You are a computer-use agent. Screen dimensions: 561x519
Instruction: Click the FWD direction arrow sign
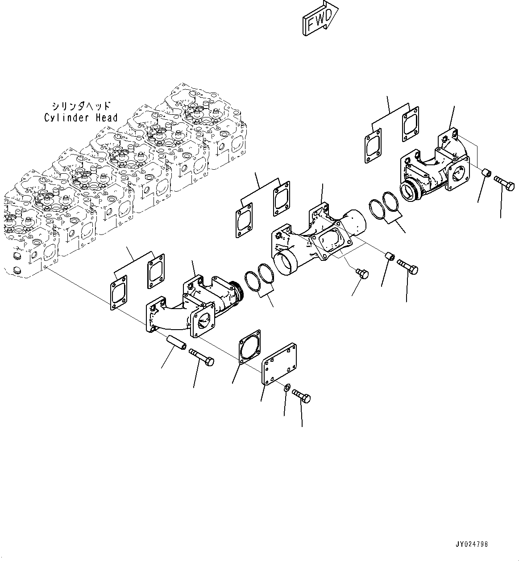[x=320, y=17]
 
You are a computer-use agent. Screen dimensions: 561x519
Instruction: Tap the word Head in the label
[x=107, y=118]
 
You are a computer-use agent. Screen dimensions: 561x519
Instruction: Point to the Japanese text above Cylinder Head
[x=80, y=106]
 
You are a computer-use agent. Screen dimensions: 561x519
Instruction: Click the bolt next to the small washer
[x=302, y=396]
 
